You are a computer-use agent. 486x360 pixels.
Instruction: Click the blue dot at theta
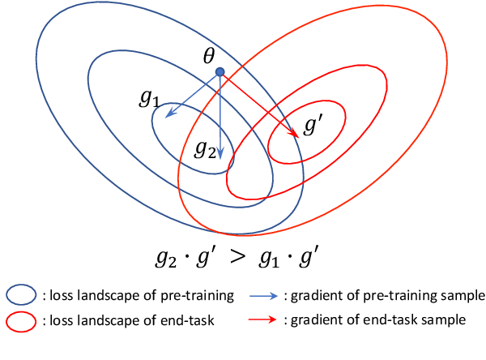[x=220, y=72]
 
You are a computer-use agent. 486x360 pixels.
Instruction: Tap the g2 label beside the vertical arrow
[x=206, y=150]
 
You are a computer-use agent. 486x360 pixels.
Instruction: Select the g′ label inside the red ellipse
[x=312, y=127]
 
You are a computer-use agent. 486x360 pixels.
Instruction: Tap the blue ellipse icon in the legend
[x=21, y=296]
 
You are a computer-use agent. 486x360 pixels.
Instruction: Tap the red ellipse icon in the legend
[x=21, y=321]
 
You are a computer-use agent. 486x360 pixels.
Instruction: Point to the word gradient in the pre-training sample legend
[x=313, y=295]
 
